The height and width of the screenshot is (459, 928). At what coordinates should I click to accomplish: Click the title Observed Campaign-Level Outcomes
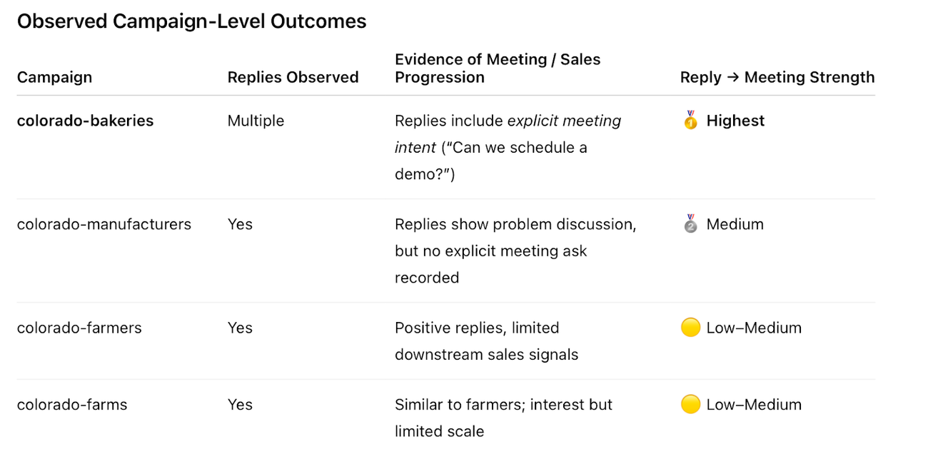coord(191,21)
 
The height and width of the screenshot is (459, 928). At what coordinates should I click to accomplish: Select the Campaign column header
coord(54,77)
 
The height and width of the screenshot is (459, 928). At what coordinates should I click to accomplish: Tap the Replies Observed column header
coord(293,77)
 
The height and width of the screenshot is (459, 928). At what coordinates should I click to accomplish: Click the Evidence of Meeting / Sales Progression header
coord(497,69)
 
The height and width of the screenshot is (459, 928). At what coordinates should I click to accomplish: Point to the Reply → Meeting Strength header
coord(777,77)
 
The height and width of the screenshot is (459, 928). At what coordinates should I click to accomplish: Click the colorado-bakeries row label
coord(85,121)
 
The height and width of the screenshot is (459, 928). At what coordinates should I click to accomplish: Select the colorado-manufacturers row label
coord(104,224)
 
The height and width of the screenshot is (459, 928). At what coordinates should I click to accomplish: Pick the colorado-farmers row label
coord(79,328)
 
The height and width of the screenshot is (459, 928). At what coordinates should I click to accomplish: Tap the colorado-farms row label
coord(72,404)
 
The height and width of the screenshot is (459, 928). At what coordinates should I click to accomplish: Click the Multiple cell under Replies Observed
coord(256,121)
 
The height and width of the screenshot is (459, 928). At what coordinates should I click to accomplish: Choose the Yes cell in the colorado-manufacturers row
coord(240,224)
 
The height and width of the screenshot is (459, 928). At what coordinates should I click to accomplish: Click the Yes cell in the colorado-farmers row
coord(240,328)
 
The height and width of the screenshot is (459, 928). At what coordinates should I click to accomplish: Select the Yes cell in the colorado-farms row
coord(240,404)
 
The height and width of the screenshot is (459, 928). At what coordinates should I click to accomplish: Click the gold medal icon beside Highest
coord(690,121)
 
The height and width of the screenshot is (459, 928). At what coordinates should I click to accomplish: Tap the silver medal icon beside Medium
coord(690,224)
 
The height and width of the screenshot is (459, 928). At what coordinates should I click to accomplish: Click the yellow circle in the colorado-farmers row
coord(690,328)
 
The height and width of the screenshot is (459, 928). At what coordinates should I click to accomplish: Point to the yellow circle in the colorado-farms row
coord(690,404)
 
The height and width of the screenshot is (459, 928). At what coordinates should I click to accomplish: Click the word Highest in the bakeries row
coord(735,121)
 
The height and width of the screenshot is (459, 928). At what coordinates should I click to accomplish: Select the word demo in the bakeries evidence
coord(416,174)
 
